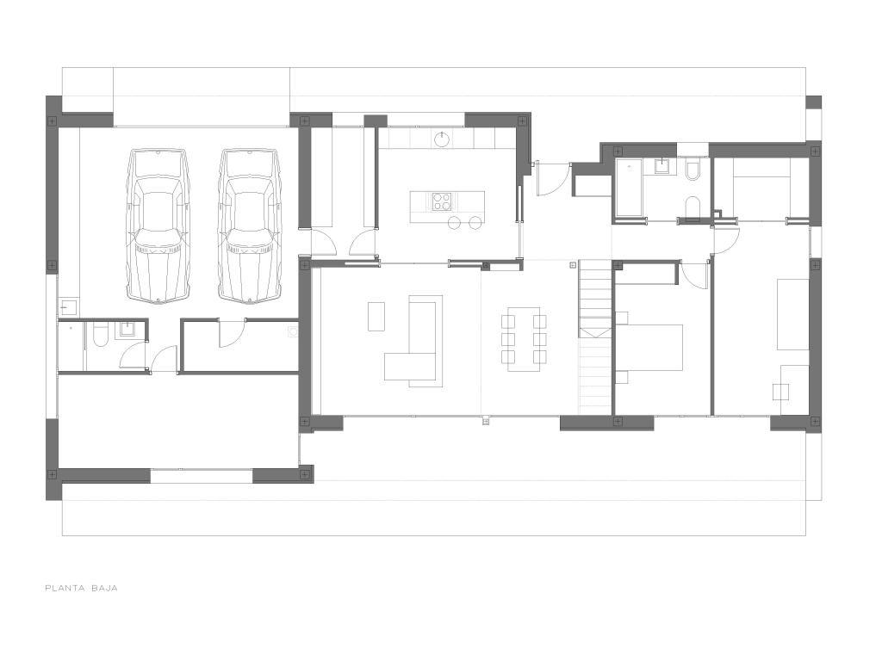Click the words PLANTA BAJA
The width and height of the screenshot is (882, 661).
[x=81, y=589]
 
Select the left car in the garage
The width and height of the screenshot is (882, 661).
[x=158, y=226]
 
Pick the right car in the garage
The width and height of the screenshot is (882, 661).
[x=249, y=226]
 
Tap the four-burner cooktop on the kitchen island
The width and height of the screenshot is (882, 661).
[x=442, y=201]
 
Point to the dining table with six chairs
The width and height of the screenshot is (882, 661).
[x=524, y=339]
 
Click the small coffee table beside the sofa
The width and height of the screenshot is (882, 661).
[x=376, y=317]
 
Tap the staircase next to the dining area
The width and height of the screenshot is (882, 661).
[x=596, y=337]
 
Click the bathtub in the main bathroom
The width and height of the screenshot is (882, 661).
[x=629, y=188]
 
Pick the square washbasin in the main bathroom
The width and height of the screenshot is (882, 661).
[x=662, y=166]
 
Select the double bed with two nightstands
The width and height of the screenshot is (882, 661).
[x=649, y=348]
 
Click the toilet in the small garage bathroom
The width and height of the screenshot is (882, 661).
[x=100, y=335]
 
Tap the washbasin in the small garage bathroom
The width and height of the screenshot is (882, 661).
[x=125, y=330]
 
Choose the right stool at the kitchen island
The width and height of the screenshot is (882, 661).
[x=475, y=223]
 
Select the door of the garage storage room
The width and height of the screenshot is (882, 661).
[x=232, y=332]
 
